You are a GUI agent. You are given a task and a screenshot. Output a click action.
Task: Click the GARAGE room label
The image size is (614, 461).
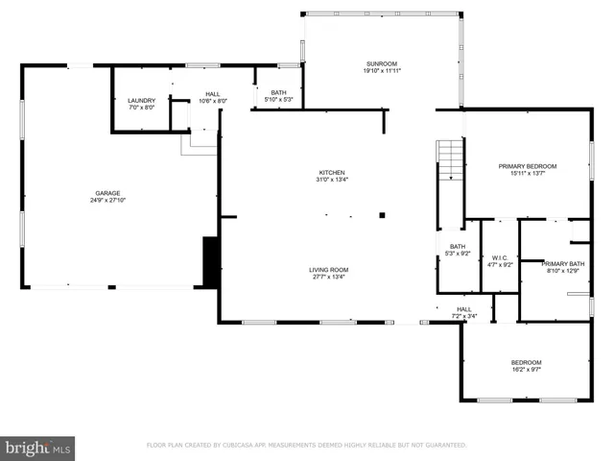[106, 193]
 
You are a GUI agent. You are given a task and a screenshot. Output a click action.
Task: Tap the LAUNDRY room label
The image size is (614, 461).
[142, 100]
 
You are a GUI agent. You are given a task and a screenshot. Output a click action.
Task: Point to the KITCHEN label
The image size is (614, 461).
[332, 173]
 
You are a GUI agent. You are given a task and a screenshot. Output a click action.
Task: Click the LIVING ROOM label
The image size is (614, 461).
[328, 270]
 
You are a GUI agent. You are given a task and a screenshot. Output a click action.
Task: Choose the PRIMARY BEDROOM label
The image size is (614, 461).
[527, 166]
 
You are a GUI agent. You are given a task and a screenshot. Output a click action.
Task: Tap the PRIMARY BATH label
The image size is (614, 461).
[562, 263]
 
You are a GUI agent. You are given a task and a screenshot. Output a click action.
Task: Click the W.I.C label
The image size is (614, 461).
[499, 257]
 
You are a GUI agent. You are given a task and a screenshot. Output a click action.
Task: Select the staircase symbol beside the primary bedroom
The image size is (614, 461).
[450, 159]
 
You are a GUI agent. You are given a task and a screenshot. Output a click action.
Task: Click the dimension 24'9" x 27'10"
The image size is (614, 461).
[106, 201]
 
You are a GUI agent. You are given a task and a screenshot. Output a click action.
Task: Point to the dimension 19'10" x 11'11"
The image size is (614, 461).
[381, 70]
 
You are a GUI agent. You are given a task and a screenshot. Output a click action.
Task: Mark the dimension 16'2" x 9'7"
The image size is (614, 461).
[526, 370]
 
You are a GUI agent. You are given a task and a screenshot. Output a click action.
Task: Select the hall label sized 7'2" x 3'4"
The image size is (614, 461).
[463, 312]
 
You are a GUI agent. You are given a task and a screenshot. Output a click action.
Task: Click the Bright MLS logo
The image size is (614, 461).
[38, 448]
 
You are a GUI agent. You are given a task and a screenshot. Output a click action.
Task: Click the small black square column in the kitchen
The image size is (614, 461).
[382, 215]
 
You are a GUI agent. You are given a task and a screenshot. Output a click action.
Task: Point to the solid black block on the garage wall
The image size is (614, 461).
[211, 260]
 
